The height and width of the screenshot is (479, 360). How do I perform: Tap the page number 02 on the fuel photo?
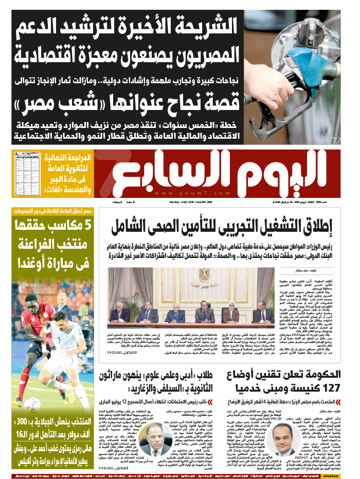335,140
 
